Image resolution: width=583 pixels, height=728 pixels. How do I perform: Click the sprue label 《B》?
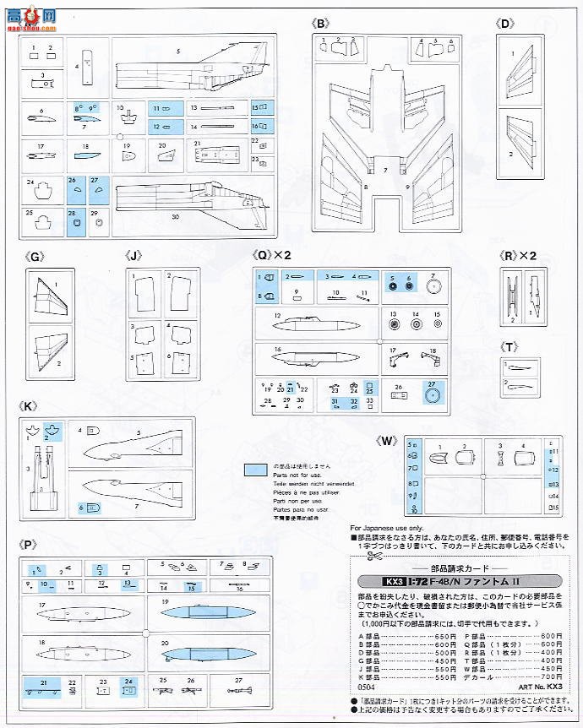321,24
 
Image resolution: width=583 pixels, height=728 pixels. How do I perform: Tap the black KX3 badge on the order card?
368,581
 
